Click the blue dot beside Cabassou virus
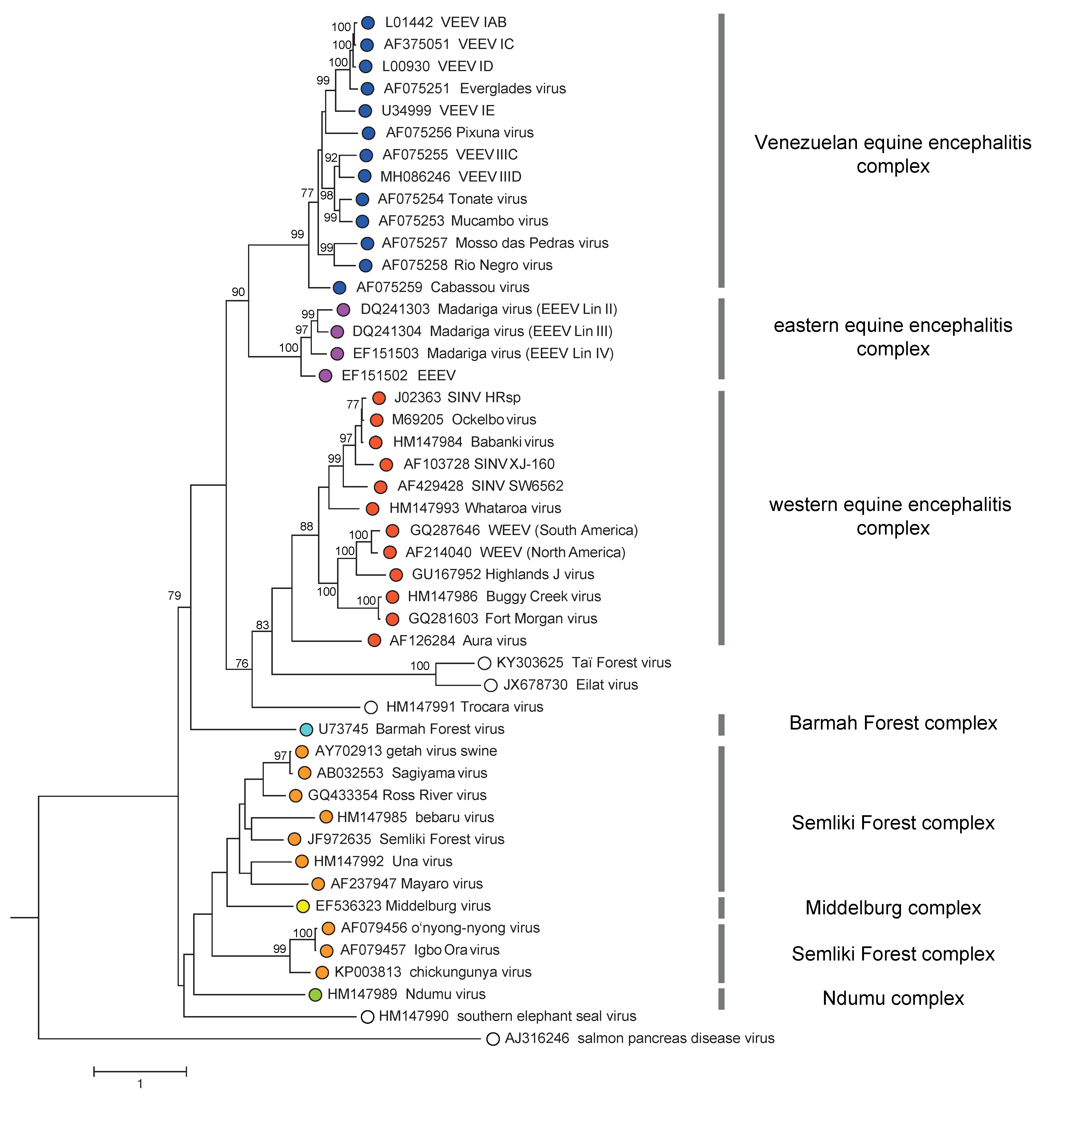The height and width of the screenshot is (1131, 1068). tap(339, 288)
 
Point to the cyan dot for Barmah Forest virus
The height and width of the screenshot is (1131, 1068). tap(306, 729)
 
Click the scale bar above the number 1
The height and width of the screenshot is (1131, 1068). tap(140, 1072)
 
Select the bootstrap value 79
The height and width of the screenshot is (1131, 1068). tap(174, 595)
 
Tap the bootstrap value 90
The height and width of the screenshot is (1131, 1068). tap(238, 292)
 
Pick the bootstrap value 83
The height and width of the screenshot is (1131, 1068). tap(262, 625)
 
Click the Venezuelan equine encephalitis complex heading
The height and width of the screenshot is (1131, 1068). tap(893, 154)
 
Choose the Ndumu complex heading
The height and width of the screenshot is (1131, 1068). tap(893, 998)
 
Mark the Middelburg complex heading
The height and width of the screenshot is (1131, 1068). tap(893, 908)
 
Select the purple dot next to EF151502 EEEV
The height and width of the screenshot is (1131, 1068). tap(325, 376)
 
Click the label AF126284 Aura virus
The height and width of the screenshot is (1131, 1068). tap(458, 641)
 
